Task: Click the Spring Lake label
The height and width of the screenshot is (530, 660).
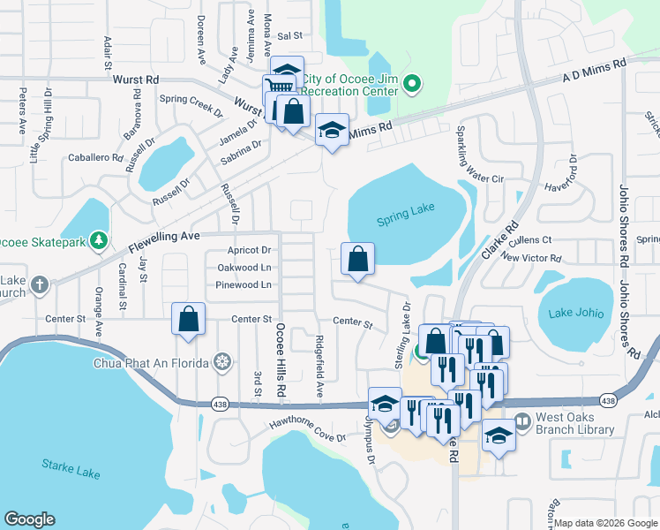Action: click(404, 220)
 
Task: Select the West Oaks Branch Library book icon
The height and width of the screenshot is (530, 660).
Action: click(521, 420)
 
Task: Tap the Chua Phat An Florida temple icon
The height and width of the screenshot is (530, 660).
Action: click(223, 363)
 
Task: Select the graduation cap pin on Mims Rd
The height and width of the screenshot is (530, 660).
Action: click(332, 131)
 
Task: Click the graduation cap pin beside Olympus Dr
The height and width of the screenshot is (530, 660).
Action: click(385, 404)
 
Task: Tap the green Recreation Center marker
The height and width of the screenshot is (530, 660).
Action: click(411, 85)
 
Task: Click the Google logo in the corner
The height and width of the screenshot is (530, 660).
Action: click(30, 519)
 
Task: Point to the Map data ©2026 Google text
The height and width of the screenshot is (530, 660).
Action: click(605, 523)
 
